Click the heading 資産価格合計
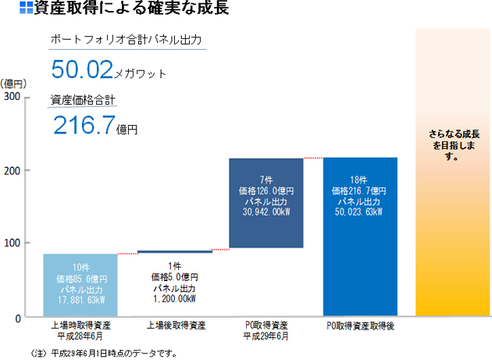coord(83,99)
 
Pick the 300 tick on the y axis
coord(13,96)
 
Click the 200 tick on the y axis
coord(13,170)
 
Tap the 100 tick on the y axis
coord(13,244)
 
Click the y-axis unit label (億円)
coord(15,83)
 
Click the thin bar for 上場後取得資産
coord(175,251)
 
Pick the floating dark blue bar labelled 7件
coord(266,203)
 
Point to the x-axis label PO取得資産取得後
coord(360,326)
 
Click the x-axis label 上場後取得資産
coord(175,326)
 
